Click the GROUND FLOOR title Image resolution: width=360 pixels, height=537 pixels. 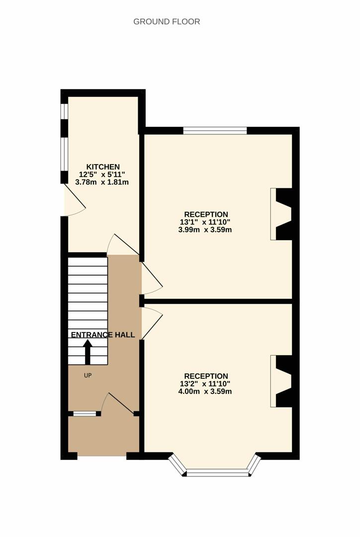tap(167, 21)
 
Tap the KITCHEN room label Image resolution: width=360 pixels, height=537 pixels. tap(103, 167)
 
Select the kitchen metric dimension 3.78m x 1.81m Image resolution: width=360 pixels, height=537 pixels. tap(102, 182)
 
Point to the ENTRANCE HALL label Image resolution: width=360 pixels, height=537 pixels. tap(103, 335)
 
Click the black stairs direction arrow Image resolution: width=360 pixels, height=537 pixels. tap(88, 352)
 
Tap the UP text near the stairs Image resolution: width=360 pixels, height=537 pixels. tap(88, 375)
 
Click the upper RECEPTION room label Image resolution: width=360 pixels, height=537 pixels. tap(206, 215)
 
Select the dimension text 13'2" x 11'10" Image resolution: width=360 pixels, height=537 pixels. tap(205, 383)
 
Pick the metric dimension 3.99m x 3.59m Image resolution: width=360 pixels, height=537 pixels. tap(205, 230)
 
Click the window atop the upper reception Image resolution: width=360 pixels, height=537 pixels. tap(215, 130)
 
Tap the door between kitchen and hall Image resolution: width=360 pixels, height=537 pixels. tap(123, 245)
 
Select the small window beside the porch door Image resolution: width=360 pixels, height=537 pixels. tap(85, 414)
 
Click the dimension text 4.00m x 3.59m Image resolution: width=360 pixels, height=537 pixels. tap(205, 391)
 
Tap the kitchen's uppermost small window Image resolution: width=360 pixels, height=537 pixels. tap(65, 111)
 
